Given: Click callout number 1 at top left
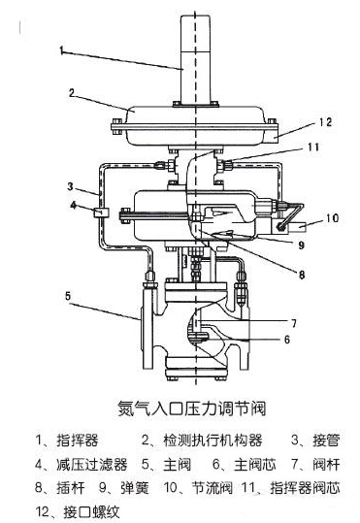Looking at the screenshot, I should tap(59, 49).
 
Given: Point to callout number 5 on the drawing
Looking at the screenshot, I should tap(67, 294).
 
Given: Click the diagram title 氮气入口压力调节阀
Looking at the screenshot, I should tap(180, 408).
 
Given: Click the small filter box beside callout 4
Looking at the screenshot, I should tap(101, 210).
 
